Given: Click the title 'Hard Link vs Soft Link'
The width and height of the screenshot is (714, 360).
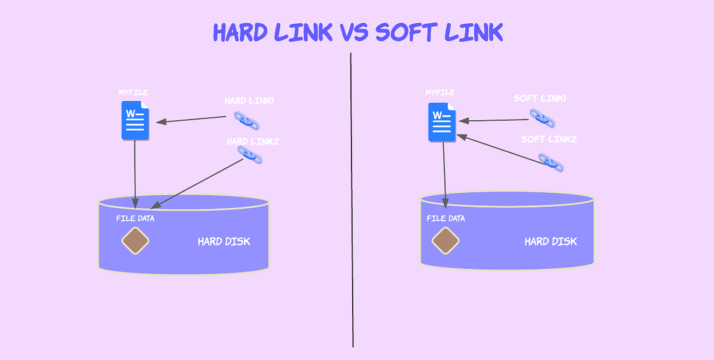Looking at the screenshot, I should coord(358,32).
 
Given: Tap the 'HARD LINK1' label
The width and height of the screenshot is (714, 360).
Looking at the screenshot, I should coord(249,101).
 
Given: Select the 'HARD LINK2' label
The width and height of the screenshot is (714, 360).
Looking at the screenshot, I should coord(252,142).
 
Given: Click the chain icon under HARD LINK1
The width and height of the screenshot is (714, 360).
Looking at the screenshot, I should coord(246,120).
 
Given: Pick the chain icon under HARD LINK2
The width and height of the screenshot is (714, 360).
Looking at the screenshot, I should coord(250,155).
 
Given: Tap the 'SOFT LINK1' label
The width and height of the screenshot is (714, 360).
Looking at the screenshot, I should coord(540,98).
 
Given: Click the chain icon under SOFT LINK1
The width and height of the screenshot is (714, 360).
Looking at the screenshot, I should coord(542,118).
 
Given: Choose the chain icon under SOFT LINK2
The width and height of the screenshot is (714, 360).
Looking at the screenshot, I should coord(551,162).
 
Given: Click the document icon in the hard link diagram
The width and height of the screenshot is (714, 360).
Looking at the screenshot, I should coord(136,121).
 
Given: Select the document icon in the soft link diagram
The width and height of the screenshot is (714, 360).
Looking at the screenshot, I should coord(442,122).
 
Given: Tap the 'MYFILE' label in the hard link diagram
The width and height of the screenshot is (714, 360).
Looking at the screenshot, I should coord(133,93).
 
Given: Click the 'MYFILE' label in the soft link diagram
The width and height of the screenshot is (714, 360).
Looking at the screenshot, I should coord(440,93).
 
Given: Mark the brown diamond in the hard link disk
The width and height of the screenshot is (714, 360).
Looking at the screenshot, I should coord(135,240).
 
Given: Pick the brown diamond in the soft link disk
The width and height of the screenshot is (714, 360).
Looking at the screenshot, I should coord(445,240).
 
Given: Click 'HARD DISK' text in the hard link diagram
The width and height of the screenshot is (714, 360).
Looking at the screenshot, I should coord(224,242).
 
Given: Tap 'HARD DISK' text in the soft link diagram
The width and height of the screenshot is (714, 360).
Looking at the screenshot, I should coord(550,242).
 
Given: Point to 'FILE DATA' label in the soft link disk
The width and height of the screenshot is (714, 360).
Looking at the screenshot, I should coord(446,218).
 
